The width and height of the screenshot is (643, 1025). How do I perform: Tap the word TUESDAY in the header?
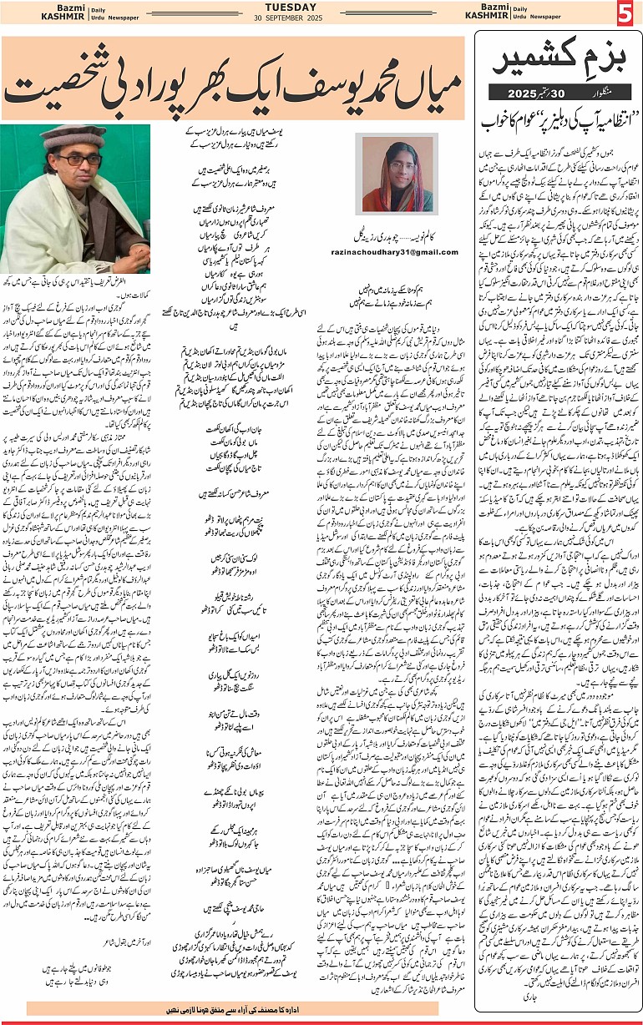(321, 8)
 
